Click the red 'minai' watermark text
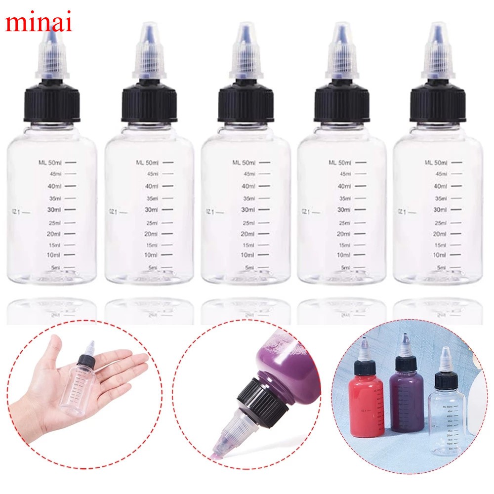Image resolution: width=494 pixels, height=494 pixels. point(39,22)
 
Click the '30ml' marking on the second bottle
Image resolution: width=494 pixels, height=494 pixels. point(150,210)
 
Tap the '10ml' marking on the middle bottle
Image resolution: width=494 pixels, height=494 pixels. point(247,255)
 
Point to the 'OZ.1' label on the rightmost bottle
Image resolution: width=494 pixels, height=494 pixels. point(401,211)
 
